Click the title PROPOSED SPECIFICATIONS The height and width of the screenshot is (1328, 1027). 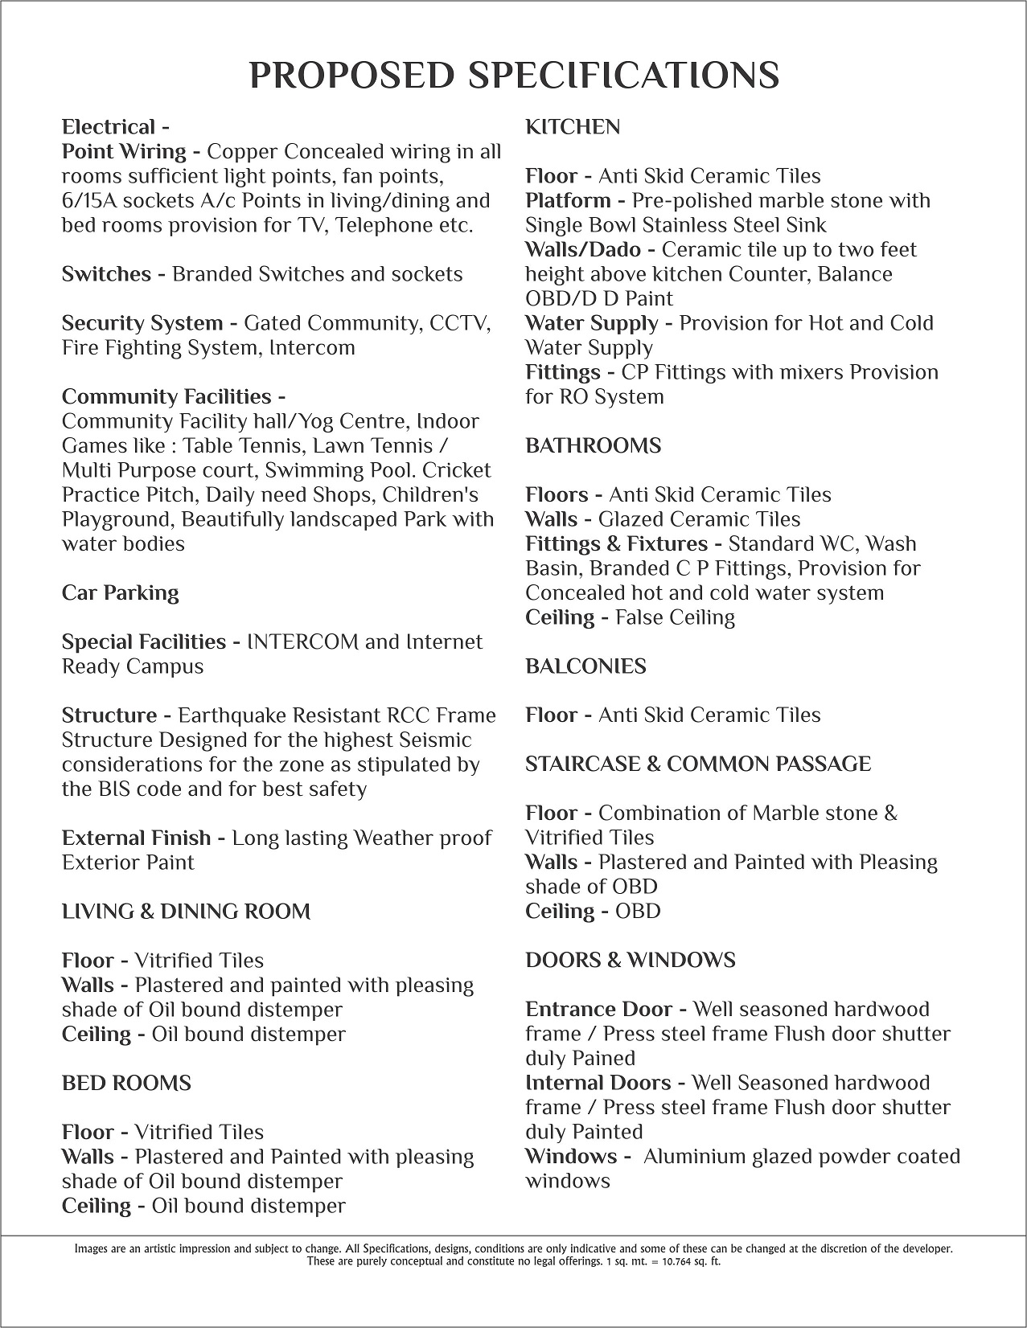[x=514, y=75]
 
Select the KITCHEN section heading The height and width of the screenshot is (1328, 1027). [x=573, y=127]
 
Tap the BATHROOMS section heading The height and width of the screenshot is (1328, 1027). [x=593, y=445]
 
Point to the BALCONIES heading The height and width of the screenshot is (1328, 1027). [x=585, y=666]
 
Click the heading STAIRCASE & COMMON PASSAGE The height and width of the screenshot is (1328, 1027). [x=697, y=764]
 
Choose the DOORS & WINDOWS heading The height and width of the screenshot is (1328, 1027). [x=630, y=960]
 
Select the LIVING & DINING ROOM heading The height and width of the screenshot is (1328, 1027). [x=186, y=912]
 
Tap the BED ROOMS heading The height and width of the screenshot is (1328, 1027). [x=126, y=1083]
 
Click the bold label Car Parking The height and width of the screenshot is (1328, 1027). [x=120, y=592]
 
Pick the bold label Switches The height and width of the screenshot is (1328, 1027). [x=106, y=274]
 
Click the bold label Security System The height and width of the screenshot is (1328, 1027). [x=142, y=323]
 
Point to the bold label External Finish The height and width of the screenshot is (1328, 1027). [x=136, y=838]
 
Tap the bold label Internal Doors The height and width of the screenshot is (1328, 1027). [x=598, y=1083]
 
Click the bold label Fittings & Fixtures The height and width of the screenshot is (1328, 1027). [x=616, y=543]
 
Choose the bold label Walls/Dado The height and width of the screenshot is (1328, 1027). [x=581, y=249]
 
